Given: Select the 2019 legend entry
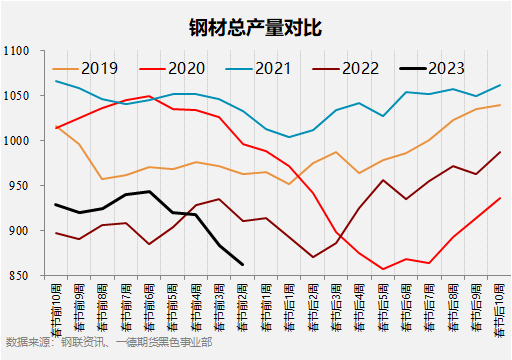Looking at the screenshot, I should tap(99, 68).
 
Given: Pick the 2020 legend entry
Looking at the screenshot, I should tap(186, 68).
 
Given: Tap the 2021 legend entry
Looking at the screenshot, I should tap(272, 68).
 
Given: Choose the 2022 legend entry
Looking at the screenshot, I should tap(359, 68).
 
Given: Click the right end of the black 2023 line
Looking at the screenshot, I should tap(242, 264).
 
